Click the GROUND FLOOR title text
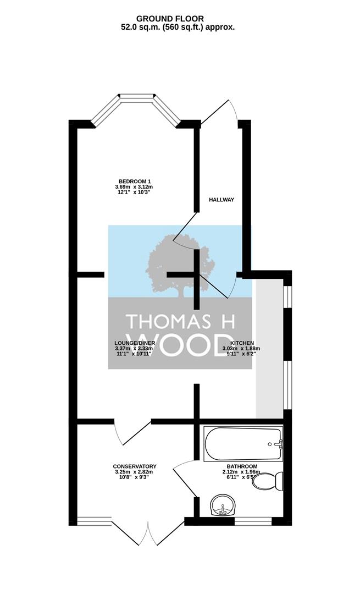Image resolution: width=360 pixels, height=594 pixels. click(x=170, y=19)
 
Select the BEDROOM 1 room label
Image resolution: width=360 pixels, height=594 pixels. click(x=136, y=181)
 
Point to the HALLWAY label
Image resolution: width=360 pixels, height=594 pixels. click(x=222, y=200)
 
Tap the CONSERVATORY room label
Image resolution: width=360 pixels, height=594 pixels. click(x=135, y=466)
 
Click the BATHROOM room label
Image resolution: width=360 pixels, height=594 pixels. click(x=242, y=466)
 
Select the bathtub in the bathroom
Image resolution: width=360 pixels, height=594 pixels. click(x=243, y=444)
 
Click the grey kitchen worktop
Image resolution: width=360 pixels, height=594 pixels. click(x=269, y=349)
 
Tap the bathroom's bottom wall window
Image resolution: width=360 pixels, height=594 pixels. click(x=253, y=521)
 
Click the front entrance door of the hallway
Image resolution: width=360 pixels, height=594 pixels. click(x=220, y=113)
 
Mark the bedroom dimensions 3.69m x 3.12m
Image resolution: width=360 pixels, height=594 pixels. click(x=136, y=187)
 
